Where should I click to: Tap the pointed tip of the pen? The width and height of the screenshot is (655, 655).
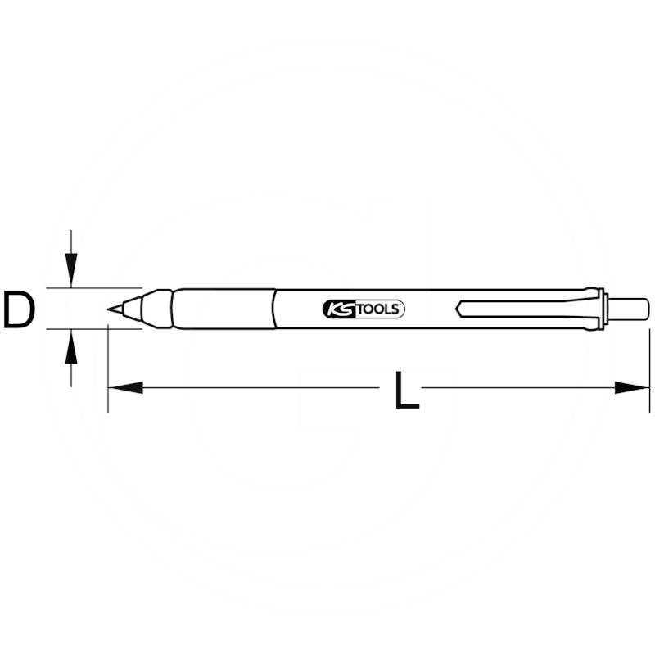(111, 309)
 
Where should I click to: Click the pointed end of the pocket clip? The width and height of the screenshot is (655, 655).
(458, 309)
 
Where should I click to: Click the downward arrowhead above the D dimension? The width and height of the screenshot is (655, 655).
(72, 274)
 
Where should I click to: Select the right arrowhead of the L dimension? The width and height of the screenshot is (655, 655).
(635, 387)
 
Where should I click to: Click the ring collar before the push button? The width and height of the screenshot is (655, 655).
(602, 309)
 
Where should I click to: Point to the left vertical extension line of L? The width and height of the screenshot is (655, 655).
(108, 368)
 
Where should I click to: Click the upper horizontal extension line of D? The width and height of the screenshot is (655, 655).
(90, 288)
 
